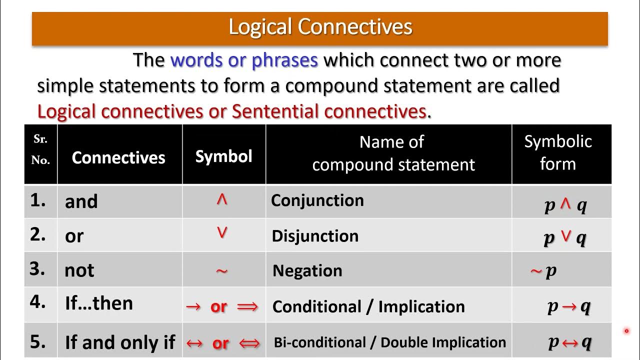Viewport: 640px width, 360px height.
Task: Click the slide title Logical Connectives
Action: click(x=320, y=27)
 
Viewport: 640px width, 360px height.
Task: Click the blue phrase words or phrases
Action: click(x=244, y=60)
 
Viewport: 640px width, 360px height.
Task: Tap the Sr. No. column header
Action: click(x=40, y=150)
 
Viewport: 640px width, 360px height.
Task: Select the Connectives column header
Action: click(x=118, y=157)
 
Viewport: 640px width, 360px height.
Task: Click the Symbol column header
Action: click(x=223, y=156)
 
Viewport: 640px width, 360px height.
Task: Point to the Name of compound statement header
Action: click(x=393, y=153)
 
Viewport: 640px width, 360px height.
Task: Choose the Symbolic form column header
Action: click(x=558, y=152)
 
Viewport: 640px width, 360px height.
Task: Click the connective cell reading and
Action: click(x=81, y=201)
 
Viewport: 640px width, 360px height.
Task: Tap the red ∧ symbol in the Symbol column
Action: click(x=222, y=200)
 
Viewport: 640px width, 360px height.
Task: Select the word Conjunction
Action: click(x=317, y=200)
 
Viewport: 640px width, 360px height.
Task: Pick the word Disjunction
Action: click(x=315, y=236)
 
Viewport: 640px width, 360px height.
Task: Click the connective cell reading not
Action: click(x=79, y=270)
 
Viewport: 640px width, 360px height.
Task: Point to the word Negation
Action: click(x=307, y=270)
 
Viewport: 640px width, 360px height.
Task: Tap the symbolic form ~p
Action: click(x=543, y=271)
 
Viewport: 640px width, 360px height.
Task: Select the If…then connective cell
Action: click(x=99, y=303)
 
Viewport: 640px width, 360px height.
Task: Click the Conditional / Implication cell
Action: click(x=368, y=306)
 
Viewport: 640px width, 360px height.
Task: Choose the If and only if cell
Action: click(x=120, y=342)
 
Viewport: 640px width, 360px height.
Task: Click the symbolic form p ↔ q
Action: click(x=569, y=342)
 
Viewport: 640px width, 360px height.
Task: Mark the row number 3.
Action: click(x=37, y=269)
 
